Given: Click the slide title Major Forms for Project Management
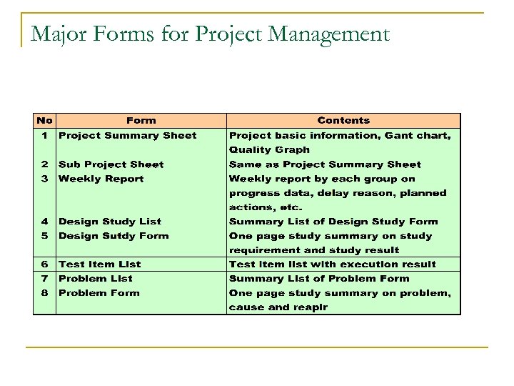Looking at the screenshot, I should coord(210,34).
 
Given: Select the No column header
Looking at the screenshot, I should coord(44,121).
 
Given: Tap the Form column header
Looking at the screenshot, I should coord(141,121).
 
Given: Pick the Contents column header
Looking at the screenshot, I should coord(343,121).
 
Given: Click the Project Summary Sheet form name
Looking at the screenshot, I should coord(127,135).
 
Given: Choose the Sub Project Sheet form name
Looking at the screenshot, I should coord(111,164).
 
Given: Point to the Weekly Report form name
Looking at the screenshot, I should coord(101,179).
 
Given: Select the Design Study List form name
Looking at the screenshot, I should coord(110,222).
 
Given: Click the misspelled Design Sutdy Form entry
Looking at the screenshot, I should coord(114,236).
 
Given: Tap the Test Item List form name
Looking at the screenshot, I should coord(99,264).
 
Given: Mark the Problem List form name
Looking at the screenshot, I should coord(95,279).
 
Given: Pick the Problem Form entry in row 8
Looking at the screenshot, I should coord(99,293).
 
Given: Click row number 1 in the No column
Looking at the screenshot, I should coord(44,135).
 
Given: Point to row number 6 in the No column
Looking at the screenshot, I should coord(44,264).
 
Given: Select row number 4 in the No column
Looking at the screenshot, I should coord(44,222).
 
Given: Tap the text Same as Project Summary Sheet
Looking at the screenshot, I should coord(325,164).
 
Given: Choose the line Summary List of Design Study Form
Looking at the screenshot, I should coord(333,222).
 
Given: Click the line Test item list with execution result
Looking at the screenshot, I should coord(332,264).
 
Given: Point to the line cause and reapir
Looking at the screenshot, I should coord(278,307).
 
